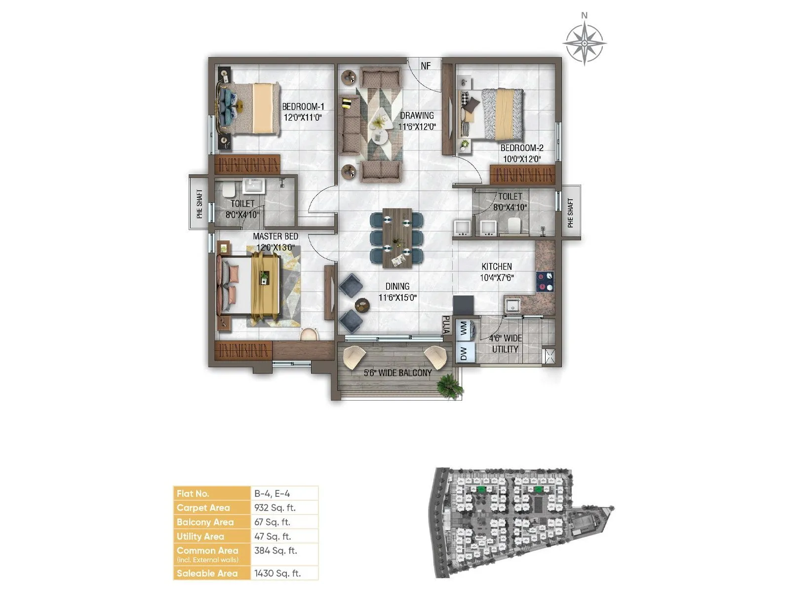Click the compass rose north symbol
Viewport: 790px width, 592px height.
tap(584, 42)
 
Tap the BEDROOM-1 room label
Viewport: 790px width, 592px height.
tap(303, 107)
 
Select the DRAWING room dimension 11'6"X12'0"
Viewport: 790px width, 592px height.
tap(417, 127)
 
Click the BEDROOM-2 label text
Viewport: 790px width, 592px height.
tap(521, 148)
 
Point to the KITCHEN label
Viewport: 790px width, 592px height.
tap(497, 266)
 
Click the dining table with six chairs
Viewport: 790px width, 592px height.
tap(397, 238)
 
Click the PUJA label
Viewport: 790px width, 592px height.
tap(445, 325)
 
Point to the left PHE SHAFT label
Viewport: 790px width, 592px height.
tap(199, 204)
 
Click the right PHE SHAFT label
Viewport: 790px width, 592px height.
tap(570, 213)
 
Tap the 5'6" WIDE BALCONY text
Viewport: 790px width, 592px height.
tap(397, 373)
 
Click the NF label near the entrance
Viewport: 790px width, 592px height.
tap(426, 66)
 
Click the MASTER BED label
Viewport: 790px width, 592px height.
tap(276, 237)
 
